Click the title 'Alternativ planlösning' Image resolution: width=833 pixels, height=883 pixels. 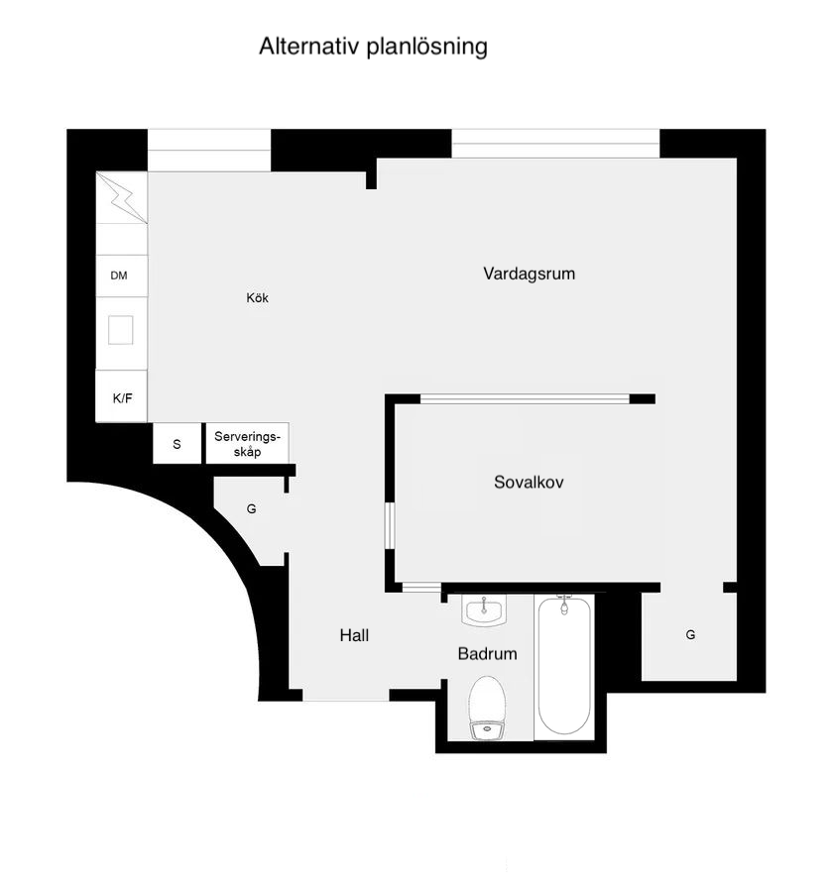tap(373, 47)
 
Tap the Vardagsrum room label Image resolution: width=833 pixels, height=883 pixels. tap(530, 274)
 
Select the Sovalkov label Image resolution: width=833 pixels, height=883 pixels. tap(529, 482)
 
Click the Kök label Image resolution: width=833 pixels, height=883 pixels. tap(257, 298)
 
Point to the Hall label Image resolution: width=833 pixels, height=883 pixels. tap(354, 635)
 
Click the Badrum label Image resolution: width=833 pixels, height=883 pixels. tap(488, 654)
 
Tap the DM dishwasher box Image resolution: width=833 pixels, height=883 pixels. tap(122, 276)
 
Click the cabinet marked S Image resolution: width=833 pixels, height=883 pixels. tap(177, 444)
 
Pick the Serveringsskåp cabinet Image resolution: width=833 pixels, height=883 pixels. tap(247, 444)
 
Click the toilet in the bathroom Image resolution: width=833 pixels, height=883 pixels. tap(487, 708)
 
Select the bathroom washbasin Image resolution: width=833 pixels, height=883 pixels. tap(484, 610)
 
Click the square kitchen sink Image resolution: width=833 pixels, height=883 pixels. tap(121, 330)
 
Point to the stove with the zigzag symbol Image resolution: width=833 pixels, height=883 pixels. tap(122, 197)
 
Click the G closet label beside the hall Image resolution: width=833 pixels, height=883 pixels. tap(251, 509)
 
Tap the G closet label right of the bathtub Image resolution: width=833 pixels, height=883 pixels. tap(690, 635)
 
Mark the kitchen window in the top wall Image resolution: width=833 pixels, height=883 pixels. tap(209, 151)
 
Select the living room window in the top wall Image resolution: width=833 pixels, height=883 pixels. tap(555, 144)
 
